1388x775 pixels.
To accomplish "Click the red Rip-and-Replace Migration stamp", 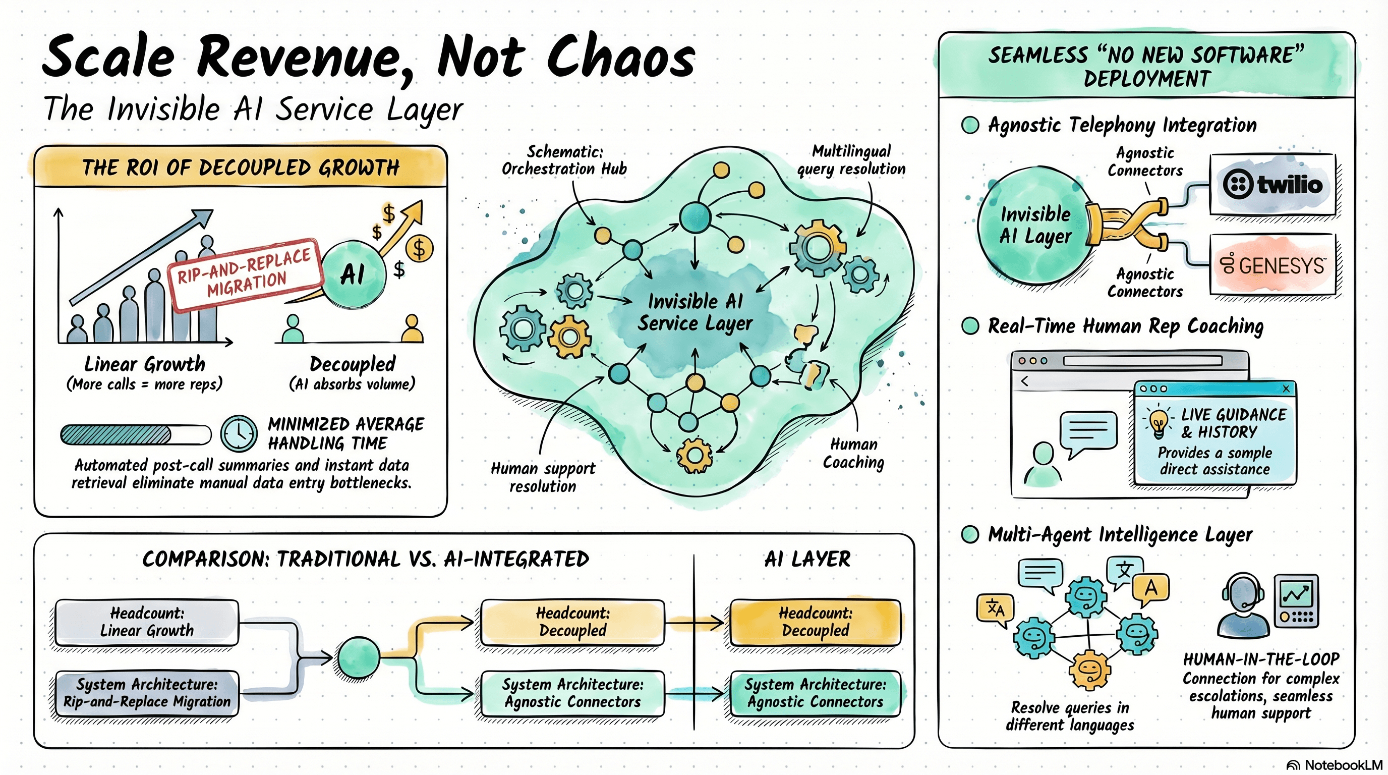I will tap(246, 275).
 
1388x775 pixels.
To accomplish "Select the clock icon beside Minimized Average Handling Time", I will tap(239, 433).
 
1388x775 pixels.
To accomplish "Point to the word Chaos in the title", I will tap(621, 58).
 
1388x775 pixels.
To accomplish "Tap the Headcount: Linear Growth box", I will tap(147, 622).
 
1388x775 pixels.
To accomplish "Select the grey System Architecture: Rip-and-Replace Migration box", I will tap(147, 693).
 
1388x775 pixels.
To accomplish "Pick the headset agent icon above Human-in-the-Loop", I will tap(1243, 604).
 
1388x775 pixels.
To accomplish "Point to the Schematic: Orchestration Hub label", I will tap(564, 160).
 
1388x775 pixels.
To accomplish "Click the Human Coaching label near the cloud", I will tap(853, 453).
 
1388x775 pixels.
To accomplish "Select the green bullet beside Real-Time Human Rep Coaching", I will tap(970, 325).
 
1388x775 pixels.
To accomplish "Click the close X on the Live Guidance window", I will tap(1286, 389).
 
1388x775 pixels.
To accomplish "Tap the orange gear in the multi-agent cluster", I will tap(1090, 670).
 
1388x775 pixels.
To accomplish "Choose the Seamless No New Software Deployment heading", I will tap(1146, 66).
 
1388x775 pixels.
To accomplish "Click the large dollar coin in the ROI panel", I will tap(419, 249).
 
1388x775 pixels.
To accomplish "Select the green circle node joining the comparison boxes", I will tap(358, 657).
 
